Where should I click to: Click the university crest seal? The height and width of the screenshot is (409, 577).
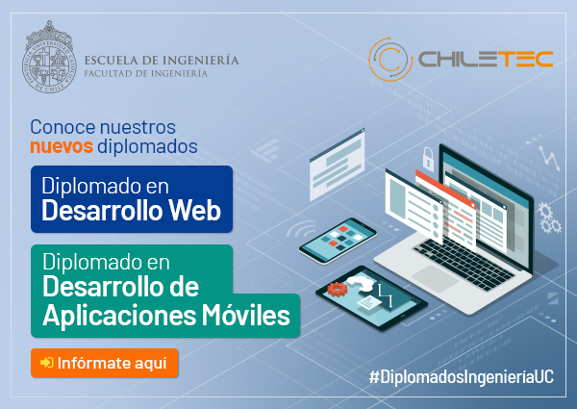point(49,57)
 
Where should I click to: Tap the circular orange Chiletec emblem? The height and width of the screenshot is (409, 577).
point(390,59)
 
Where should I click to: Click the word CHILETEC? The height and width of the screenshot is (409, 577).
point(486,59)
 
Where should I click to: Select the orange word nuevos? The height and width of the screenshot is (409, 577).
point(62,146)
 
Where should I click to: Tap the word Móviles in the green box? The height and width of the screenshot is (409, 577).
point(246,315)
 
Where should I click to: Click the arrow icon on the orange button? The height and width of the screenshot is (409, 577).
point(47,363)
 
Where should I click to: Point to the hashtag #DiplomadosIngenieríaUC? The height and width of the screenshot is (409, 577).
point(462,377)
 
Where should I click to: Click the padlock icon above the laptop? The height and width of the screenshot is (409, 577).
point(428,159)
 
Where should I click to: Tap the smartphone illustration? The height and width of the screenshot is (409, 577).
point(338,241)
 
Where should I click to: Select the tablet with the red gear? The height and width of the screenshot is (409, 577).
point(371,298)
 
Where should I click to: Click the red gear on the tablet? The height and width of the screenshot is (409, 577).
point(338,289)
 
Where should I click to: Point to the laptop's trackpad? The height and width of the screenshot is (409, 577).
point(435,278)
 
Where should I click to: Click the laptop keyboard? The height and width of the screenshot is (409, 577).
point(464,264)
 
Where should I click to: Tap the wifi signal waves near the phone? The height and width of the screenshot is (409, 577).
point(301,229)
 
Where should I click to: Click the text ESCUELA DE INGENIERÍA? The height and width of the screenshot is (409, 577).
point(162,60)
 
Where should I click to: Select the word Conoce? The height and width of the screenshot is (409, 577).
point(63,127)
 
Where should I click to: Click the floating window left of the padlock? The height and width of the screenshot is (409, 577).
point(338,165)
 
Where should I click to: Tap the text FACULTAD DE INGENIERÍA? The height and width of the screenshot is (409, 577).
point(146,74)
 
